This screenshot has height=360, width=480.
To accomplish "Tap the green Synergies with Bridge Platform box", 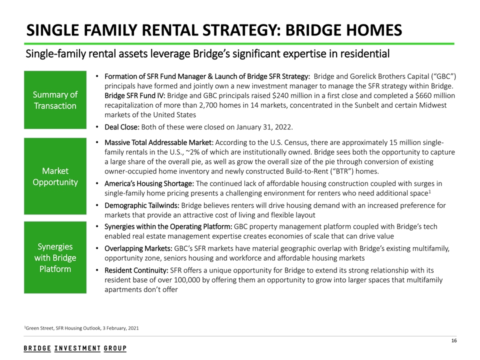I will (x=55, y=258).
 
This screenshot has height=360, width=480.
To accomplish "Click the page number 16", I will (x=454, y=341).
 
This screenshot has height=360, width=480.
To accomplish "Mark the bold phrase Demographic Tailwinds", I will (x=141, y=205).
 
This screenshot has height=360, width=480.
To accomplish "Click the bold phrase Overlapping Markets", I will (x=138, y=248).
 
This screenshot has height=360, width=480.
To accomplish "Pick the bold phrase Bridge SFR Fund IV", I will (x=134, y=95).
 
